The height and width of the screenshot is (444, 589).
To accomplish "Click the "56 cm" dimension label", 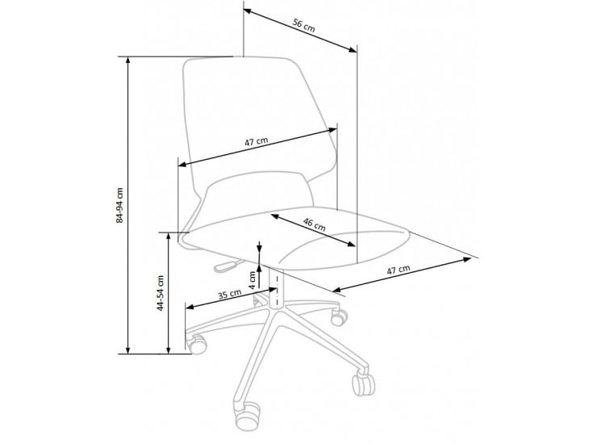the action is (304, 26).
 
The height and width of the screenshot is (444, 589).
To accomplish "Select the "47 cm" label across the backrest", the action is (257, 142).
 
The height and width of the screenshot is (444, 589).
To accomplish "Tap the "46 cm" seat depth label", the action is (315, 224).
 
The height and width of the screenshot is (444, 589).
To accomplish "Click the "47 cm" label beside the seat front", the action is (399, 270).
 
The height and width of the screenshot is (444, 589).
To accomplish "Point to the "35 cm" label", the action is (229, 294).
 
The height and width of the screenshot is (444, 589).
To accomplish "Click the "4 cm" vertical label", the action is (253, 279).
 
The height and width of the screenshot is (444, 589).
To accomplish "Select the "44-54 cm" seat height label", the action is (161, 293).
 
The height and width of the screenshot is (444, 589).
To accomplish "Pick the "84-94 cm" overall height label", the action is (119, 205).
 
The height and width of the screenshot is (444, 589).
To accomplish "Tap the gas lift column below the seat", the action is (276, 287).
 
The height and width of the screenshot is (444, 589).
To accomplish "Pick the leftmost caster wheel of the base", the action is (198, 344).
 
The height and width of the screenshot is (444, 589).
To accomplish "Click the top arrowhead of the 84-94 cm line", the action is (128, 61).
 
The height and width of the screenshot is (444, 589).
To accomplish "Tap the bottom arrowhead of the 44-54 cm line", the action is (169, 350).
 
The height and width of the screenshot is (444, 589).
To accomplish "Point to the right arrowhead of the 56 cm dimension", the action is (353, 49).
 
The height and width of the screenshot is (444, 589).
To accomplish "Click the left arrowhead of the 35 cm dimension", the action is (190, 307).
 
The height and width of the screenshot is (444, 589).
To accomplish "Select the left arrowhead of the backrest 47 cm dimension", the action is (182, 164).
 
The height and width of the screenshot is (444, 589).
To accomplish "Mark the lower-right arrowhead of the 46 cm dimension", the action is (351, 244).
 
